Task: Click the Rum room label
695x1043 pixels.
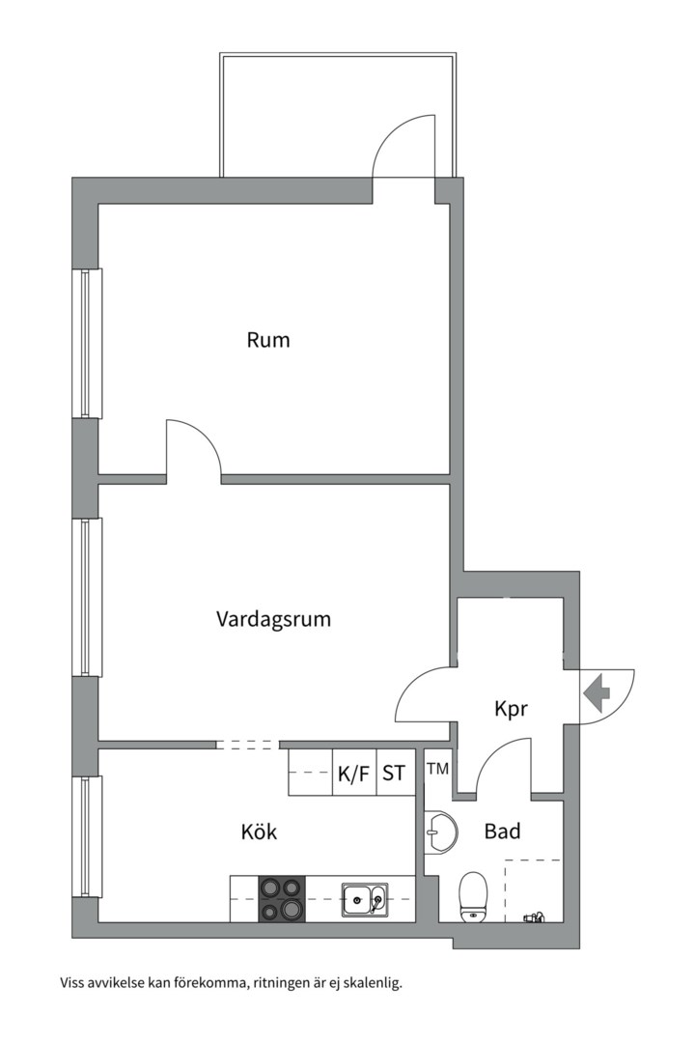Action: tap(268, 340)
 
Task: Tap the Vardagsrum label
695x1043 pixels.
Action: tap(273, 619)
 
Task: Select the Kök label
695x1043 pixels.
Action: tap(259, 832)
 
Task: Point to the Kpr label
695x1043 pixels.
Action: tap(511, 709)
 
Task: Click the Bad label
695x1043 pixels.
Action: tap(503, 831)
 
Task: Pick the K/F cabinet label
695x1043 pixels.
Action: tap(353, 774)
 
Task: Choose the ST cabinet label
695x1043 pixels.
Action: tap(394, 774)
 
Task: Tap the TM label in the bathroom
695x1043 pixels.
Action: tap(437, 769)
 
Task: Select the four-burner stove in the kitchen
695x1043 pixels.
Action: tap(281, 899)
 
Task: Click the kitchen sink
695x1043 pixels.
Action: tap(364, 900)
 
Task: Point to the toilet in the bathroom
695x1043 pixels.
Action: tap(473, 895)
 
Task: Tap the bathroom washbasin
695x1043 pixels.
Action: tap(439, 832)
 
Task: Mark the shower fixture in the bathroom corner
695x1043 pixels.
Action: tap(533, 915)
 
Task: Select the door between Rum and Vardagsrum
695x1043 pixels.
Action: tap(191, 448)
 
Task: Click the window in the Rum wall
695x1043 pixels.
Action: tap(89, 343)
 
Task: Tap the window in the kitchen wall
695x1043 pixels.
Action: tap(89, 836)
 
